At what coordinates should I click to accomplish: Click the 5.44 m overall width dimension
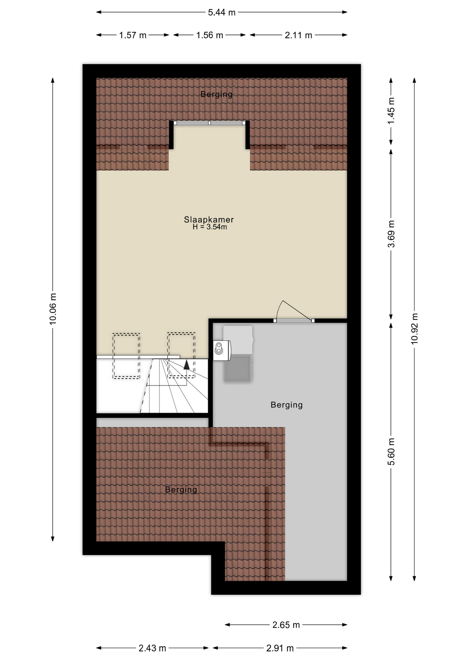tap(222, 12)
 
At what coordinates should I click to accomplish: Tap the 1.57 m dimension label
tap(133, 35)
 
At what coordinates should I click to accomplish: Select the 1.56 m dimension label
tap(209, 35)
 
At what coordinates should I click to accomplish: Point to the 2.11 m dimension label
tap(298, 35)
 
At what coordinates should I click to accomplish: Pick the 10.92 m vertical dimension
tap(414, 329)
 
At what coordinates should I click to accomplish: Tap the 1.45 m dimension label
tap(391, 111)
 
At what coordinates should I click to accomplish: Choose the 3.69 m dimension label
tap(391, 234)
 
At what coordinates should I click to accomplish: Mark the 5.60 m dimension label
tap(391, 452)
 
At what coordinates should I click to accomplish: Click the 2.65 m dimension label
tap(286, 625)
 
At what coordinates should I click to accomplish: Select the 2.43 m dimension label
tap(152, 648)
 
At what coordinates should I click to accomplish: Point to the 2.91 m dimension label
tap(280, 648)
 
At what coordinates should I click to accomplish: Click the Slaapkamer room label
tap(209, 219)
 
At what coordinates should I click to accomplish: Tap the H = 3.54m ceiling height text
tap(209, 227)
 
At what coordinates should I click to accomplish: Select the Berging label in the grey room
tap(286, 405)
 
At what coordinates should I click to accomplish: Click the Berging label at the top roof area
tap(216, 94)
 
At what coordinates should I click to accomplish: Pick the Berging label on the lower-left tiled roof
tap(181, 489)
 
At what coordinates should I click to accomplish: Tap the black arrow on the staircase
tap(186, 364)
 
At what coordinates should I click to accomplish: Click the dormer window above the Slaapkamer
tap(209, 123)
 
